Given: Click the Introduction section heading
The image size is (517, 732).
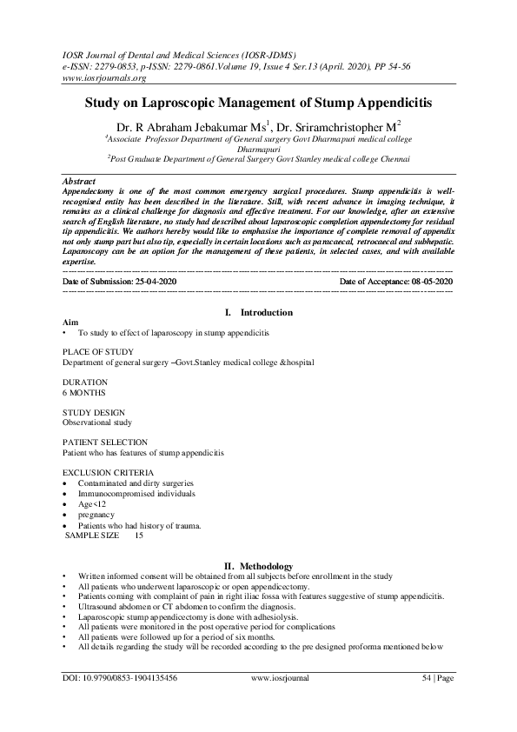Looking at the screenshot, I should tap(266, 312).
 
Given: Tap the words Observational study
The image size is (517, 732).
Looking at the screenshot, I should tap(96, 423).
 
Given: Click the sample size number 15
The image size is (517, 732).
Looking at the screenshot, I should tap(139, 536).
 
